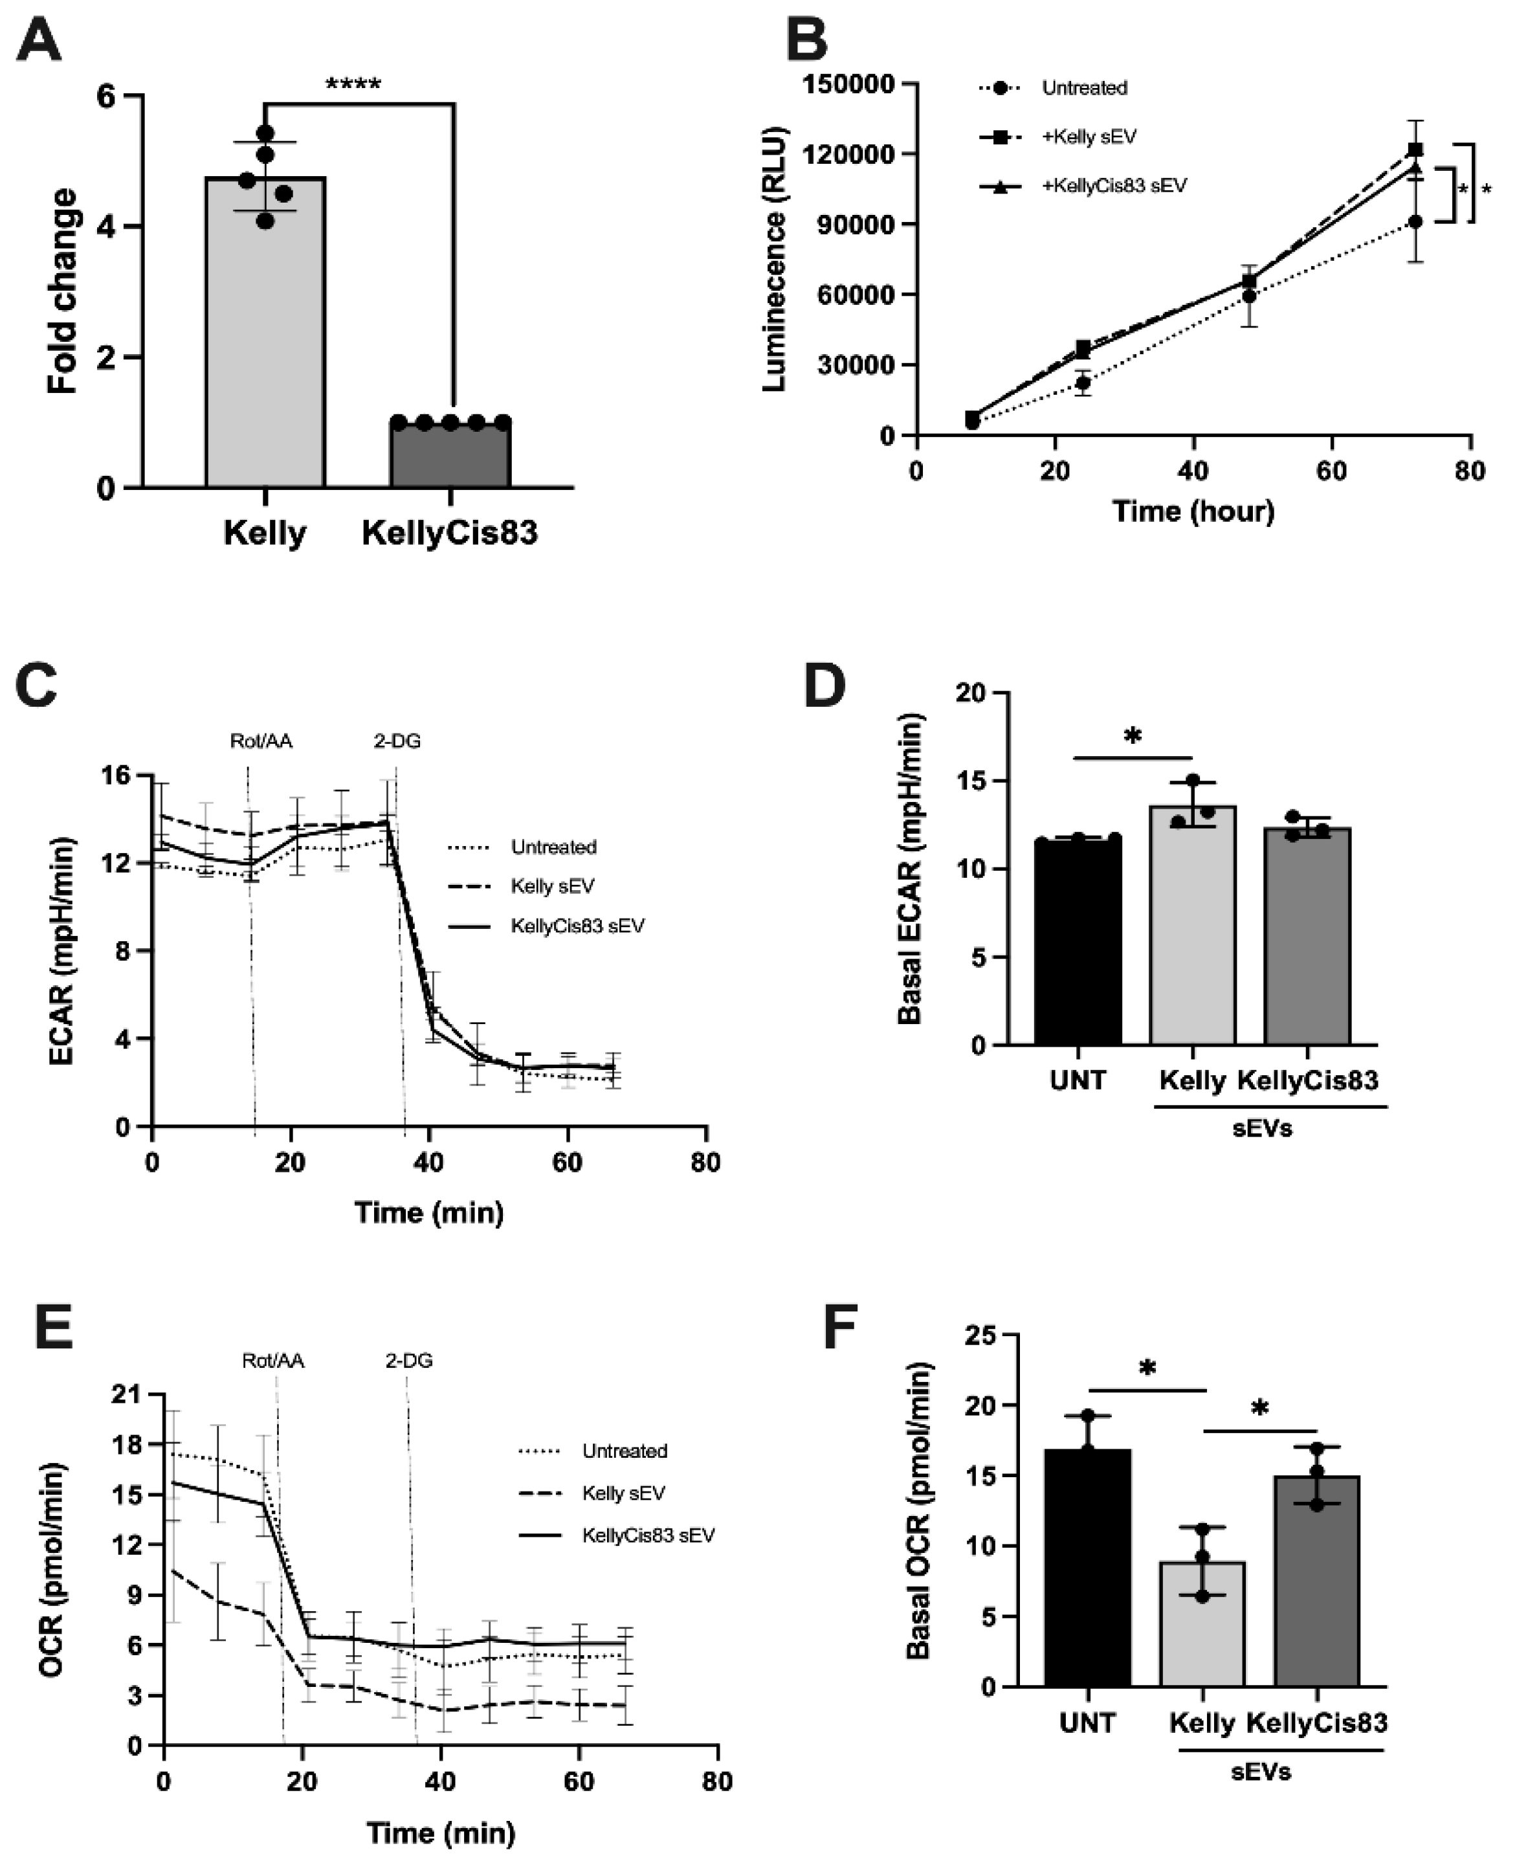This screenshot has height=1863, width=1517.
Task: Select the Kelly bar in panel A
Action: [265, 332]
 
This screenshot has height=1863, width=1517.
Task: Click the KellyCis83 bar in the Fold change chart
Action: [450, 454]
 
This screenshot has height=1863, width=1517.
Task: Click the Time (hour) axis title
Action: [1193, 511]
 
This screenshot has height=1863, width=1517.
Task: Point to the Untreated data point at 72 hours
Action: [1415, 223]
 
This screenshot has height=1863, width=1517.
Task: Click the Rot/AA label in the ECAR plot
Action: [261, 741]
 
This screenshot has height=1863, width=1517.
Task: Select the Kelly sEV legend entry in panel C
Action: [551, 886]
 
